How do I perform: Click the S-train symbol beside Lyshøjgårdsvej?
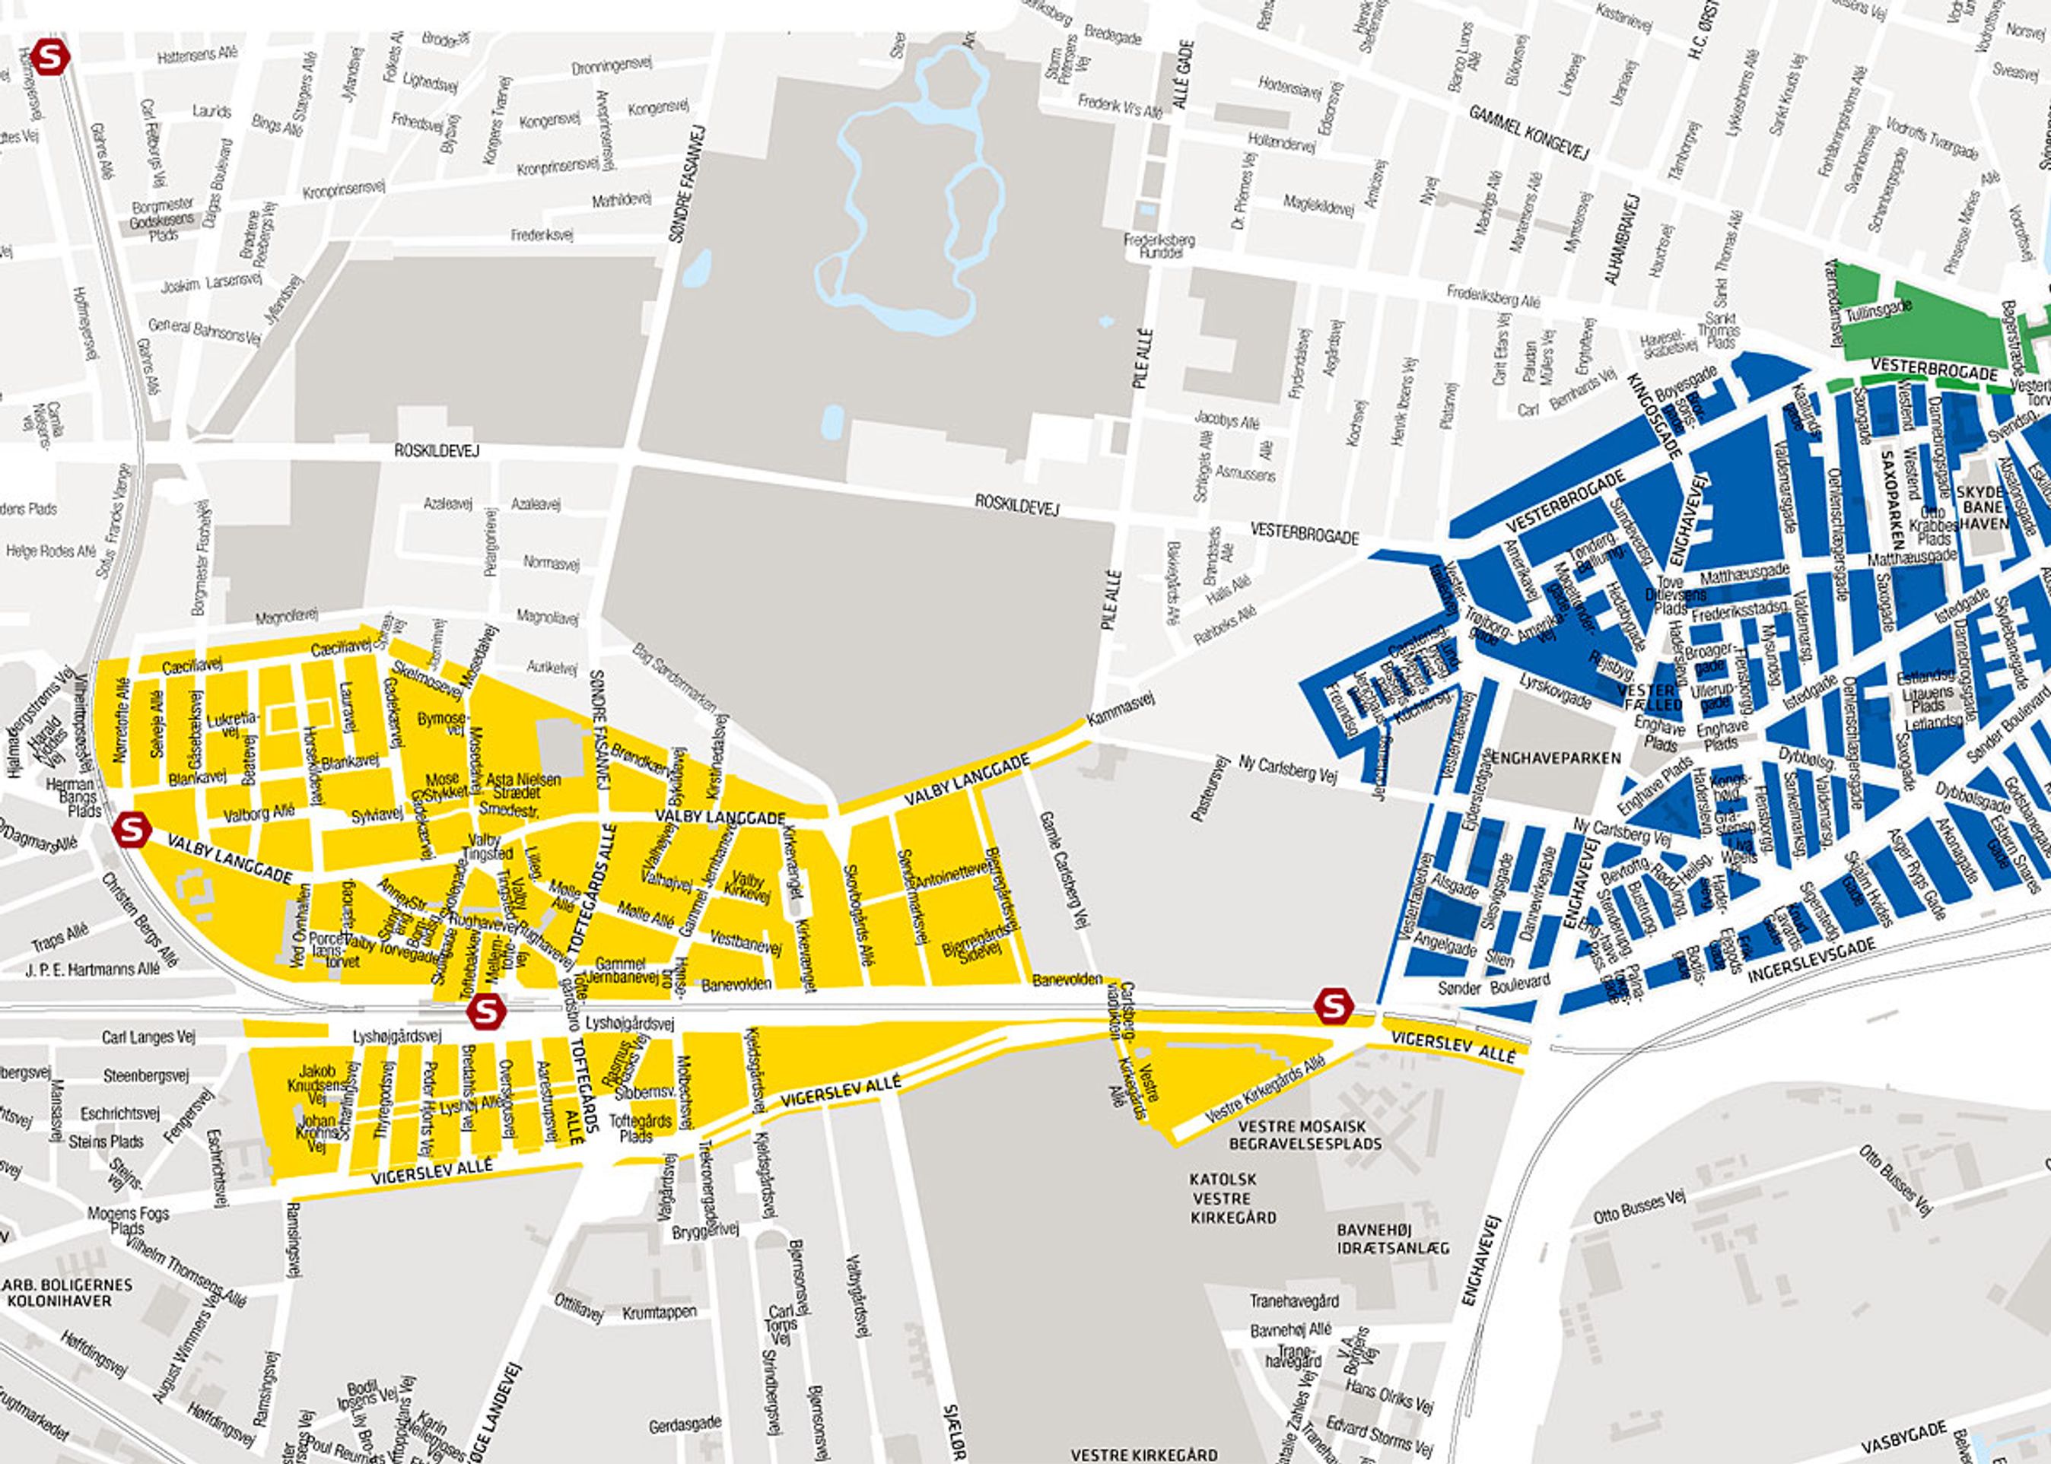[x=486, y=1011]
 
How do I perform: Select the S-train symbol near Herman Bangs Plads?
[x=132, y=830]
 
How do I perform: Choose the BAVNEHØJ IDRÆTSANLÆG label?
[x=1392, y=1239]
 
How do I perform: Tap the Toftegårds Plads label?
[x=640, y=1128]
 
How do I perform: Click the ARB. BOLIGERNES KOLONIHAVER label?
[x=68, y=1293]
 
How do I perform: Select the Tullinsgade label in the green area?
[x=1878, y=312]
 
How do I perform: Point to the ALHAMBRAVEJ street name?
[x=1620, y=239]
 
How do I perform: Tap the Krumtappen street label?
[x=659, y=1313]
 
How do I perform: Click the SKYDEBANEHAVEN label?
[x=1982, y=507]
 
